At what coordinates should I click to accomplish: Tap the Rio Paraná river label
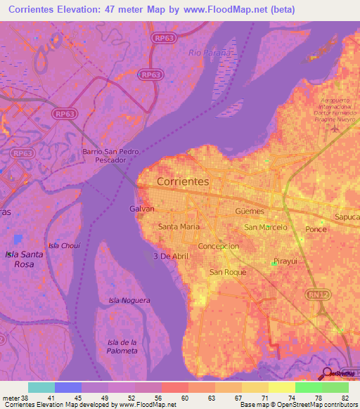[210, 53]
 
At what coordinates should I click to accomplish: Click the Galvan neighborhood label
[142, 209]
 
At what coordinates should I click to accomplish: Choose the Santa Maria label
[179, 226]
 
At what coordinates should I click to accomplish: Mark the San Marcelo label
[265, 228]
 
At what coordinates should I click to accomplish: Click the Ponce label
[317, 230]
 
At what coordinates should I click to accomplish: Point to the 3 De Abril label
[172, 257]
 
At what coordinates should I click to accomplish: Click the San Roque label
[227, 271]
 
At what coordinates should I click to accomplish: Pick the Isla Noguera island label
[129, 300]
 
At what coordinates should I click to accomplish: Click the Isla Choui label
[64, 245]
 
